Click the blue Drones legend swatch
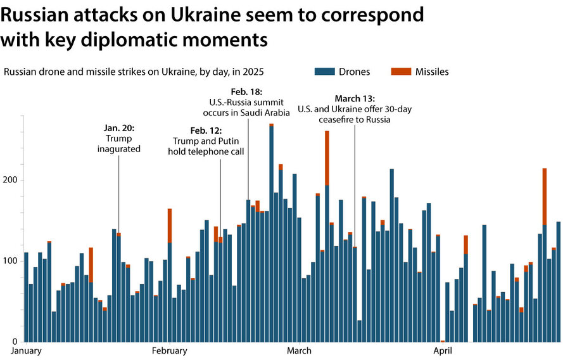click(323, 72)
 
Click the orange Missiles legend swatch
click(400, 72)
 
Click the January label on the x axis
click(27, 351)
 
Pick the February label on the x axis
click(170, 351)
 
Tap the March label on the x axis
click(299, 351)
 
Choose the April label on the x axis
click(441, 351)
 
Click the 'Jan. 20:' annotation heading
click(119, 128)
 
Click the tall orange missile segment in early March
click(327, 158)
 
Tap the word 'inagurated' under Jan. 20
click(119, 150)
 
